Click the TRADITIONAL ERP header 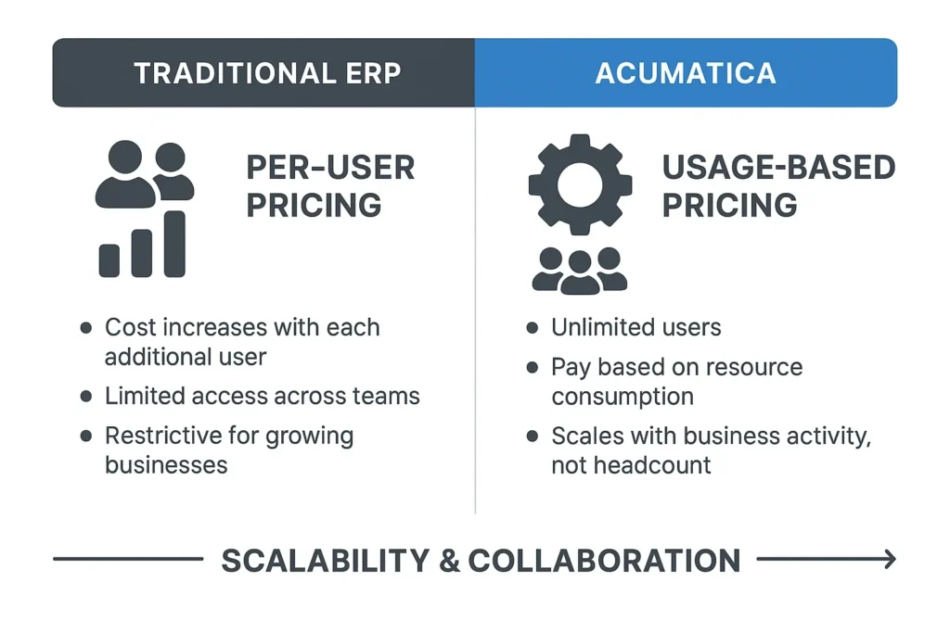[267, 73]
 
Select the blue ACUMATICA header [686, 73]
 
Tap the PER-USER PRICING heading [330, 185]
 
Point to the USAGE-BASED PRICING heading [778, 185]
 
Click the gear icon [580, 184]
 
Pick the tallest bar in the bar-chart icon [173, 244]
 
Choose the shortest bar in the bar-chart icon [109, 260]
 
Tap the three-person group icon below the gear [580, 270]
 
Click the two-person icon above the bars [146, 174]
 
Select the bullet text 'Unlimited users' [635, 327]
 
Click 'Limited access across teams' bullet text [262, 397]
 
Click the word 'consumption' [623, 397]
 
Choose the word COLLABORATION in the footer [604, 560]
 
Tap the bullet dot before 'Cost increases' [86, 327]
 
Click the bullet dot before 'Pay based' [533, 367]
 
